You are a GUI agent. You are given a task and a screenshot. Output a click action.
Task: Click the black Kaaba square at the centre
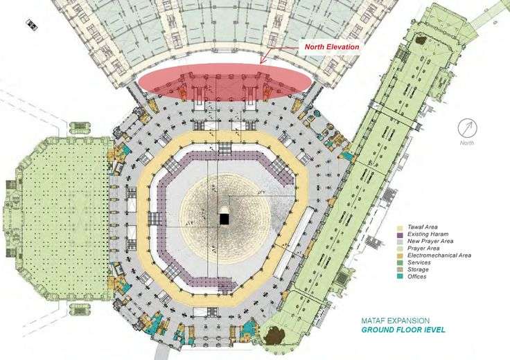click(224, 219)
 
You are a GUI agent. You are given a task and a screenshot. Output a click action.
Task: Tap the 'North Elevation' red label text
click(332, 47)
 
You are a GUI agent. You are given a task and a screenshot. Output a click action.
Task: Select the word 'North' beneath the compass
click(468, 143)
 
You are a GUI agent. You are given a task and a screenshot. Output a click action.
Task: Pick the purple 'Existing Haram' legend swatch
click(399, 235)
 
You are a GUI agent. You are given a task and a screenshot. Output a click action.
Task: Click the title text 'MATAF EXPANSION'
click(395, 321)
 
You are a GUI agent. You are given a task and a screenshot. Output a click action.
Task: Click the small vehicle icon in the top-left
click(31, 24)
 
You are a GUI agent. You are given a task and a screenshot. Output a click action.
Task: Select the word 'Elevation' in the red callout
click(344, 47)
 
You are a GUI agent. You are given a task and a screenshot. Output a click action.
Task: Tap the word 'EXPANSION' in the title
click(408, 321)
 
